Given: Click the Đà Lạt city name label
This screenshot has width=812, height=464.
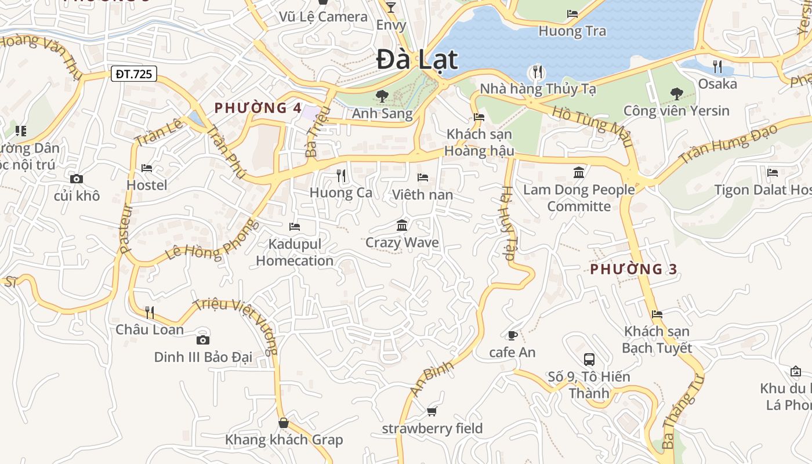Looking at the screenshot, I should [x=417, y=60].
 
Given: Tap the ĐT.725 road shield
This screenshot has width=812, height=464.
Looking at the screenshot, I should [x=133, y=74].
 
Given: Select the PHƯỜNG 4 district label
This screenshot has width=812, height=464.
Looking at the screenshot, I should [x=258, y=108].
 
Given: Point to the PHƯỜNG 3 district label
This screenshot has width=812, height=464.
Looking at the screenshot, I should [x=634, y=269].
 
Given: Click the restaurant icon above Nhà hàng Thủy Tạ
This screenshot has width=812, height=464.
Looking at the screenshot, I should [x=538, y=72].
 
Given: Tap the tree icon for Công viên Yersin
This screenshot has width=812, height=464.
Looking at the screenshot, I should [x=676, y=93].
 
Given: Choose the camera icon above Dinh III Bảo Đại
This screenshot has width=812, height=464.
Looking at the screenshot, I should [x=202, y=340].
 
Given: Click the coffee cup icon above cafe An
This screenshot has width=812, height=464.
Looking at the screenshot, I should [x=512, y=335].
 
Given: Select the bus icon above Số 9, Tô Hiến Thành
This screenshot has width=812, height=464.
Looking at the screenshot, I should [x=589, y=360].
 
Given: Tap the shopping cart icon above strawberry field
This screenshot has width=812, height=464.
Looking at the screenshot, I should [x=432, y=412].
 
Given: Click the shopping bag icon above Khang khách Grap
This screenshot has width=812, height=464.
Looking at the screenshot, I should [x=284, y=423].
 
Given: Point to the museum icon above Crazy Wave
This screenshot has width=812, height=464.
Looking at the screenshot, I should [x=402, y=225].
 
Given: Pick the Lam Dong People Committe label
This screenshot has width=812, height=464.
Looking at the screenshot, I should [x=579, y=198].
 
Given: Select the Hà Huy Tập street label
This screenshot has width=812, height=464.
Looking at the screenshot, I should [x=508, y=223].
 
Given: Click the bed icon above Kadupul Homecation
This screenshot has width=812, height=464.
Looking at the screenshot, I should [x=295, y=227].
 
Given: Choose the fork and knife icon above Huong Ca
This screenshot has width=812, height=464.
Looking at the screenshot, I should [x=341, y=175].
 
